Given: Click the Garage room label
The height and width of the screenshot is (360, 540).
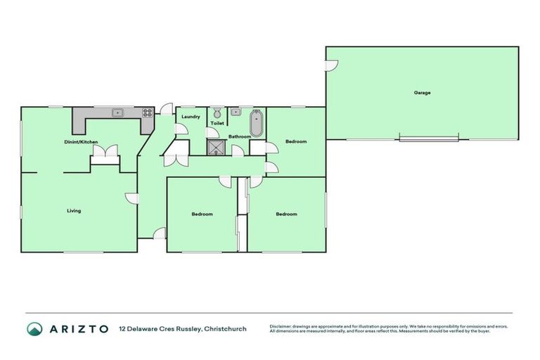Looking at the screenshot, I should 422,93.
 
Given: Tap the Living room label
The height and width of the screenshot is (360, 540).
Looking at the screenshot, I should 74,211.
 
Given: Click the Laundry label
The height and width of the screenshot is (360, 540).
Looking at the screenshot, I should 191,117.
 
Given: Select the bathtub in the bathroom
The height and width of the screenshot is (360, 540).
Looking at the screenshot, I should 256,122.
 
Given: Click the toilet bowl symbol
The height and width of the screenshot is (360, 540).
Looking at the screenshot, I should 217,113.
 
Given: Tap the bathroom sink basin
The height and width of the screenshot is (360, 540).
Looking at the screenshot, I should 236,112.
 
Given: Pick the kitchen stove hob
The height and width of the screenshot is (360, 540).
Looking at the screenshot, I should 148,112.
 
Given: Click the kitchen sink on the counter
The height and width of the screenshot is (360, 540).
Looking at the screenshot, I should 118,112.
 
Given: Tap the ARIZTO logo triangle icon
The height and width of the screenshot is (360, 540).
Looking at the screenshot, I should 34,328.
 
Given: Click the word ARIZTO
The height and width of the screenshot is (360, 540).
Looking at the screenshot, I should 78,328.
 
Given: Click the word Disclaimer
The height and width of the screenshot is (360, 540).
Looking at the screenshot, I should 283,326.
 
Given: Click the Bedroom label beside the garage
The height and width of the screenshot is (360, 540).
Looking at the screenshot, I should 296,142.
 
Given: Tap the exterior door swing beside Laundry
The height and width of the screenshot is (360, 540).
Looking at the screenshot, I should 167,109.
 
